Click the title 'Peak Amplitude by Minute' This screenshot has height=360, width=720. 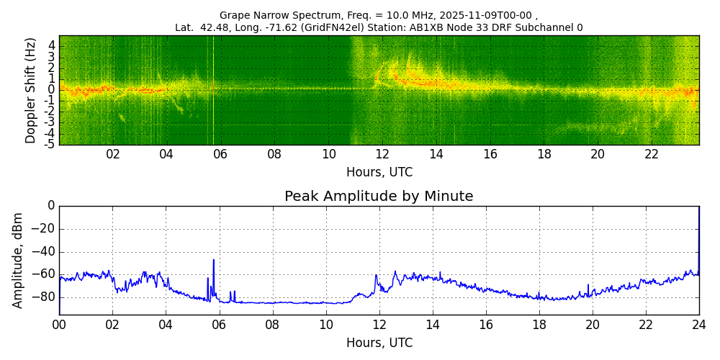click(379, 197)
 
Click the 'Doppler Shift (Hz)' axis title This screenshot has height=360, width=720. click(31, 90)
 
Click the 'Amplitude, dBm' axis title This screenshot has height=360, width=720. click(19, 260)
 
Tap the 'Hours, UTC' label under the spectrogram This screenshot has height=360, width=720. click(379, 173)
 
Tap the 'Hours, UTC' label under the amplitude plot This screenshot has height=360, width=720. click(379, 343)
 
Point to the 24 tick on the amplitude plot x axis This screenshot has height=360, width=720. click(698, 325)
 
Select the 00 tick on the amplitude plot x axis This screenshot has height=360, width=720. click(59, 325)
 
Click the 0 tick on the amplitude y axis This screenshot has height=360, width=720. click(50, 206)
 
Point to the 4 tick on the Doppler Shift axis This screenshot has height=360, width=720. click(52, 45)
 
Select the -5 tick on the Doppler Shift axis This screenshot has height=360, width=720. click(50, 144)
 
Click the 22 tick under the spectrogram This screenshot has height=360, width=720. click(652, 155)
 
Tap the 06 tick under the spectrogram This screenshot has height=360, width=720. click(220, 155)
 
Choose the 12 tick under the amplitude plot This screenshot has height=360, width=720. click(379, 325)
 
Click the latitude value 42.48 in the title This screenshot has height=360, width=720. click(217, 28)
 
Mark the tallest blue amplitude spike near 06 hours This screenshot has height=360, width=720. click(213, 261)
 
